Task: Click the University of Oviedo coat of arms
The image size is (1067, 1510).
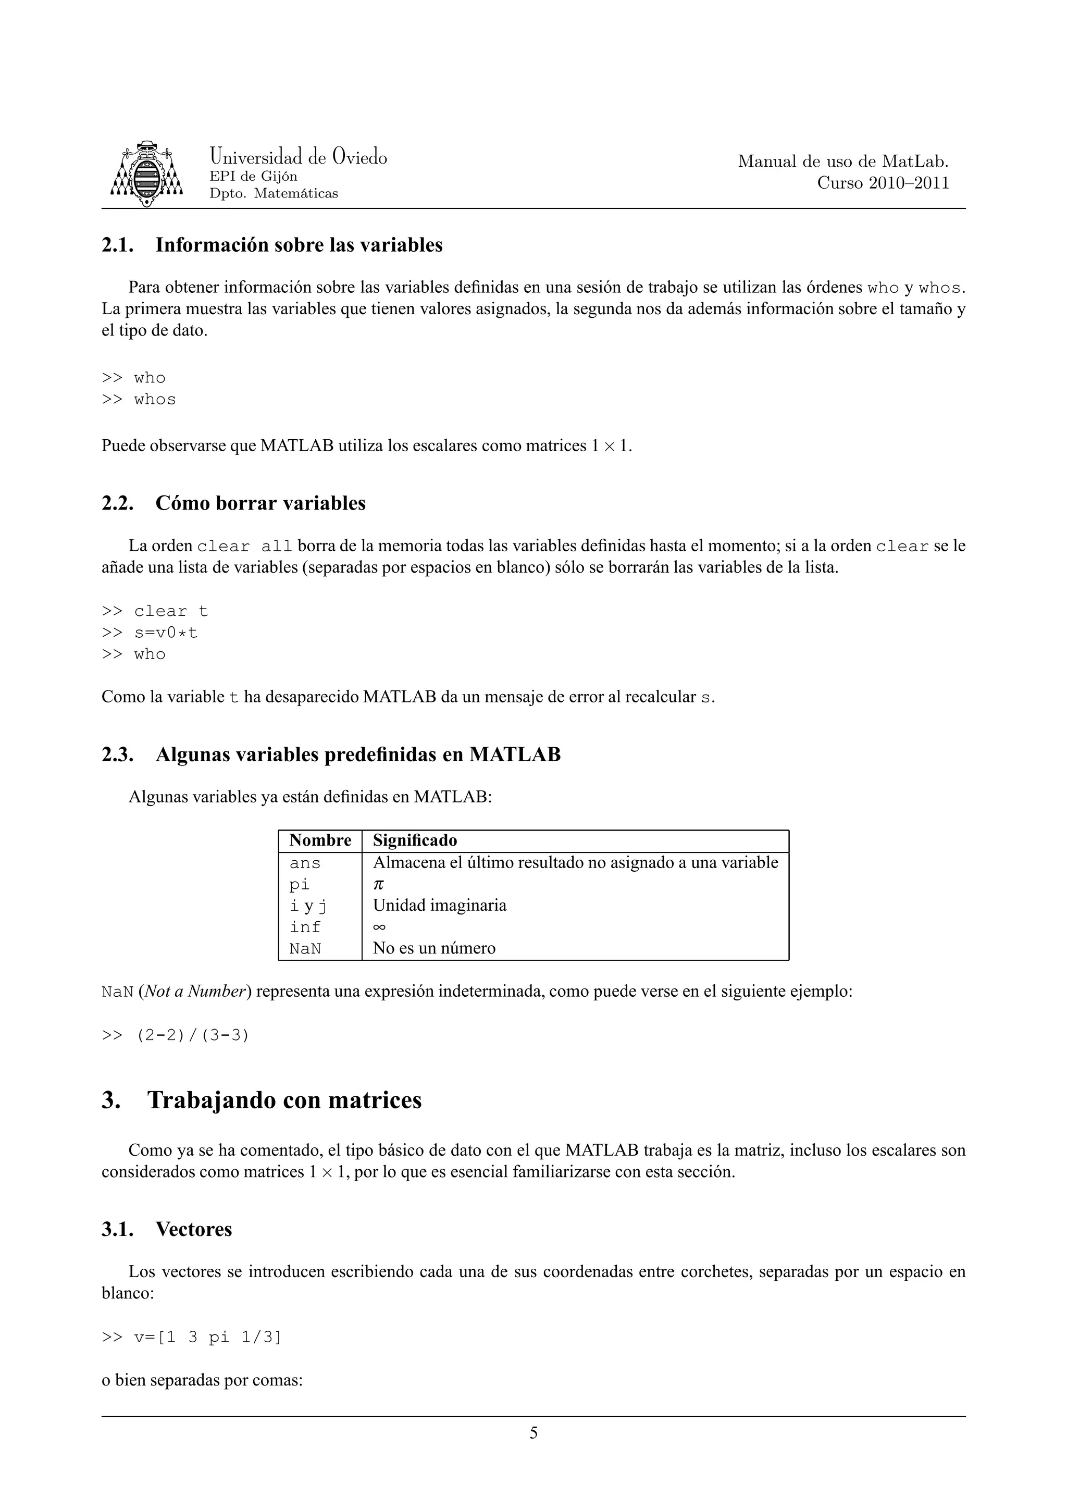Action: (x=146, y=174)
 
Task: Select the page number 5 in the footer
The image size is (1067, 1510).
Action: (x=533, y=1432)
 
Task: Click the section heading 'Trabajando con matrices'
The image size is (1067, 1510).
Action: (x=284, y=1100)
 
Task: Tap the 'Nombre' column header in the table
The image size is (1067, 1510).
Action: (x=320, y=840)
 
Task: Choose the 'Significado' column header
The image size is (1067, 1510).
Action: (x=415, y=840)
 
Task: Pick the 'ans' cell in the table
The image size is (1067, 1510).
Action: (x=305, y=863)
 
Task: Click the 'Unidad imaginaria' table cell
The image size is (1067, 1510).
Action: (x=440, y=906)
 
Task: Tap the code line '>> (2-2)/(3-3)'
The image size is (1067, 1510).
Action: (x=176, y=1035)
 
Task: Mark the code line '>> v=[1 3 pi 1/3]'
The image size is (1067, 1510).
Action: (x=191, y=1337)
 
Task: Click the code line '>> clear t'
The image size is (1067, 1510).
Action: (x=155, y=611)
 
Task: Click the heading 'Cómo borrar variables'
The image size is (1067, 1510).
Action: (x=260, y=503)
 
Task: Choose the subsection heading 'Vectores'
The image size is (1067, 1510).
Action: (x=193, y=1229)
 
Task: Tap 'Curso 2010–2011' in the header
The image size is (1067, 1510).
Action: (x=883, y=183)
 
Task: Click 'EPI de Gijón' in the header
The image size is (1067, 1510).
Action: (x=253, y=176)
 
